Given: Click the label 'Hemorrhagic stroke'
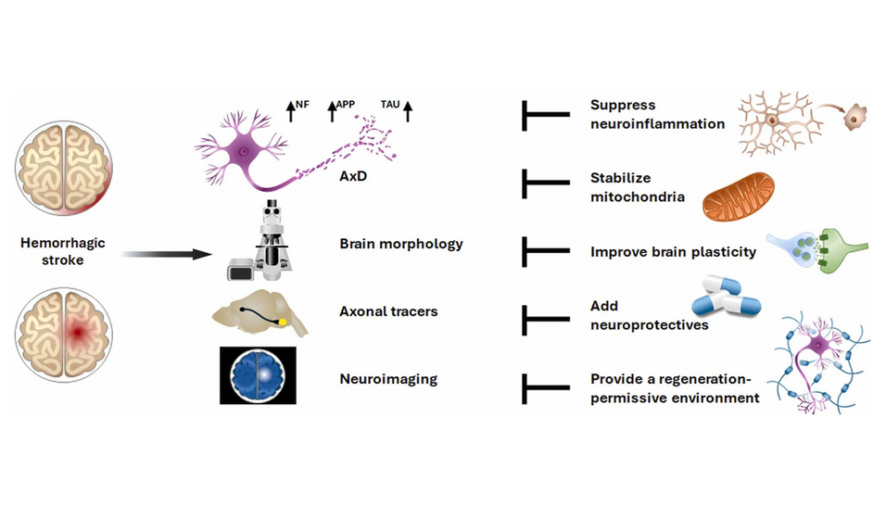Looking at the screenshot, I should [x=63, y=251].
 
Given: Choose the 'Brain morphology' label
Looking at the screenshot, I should [x=401, y=244].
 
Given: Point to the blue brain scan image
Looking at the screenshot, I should [x=258, y=374].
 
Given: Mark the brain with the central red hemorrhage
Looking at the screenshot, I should [x=63, y=329].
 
